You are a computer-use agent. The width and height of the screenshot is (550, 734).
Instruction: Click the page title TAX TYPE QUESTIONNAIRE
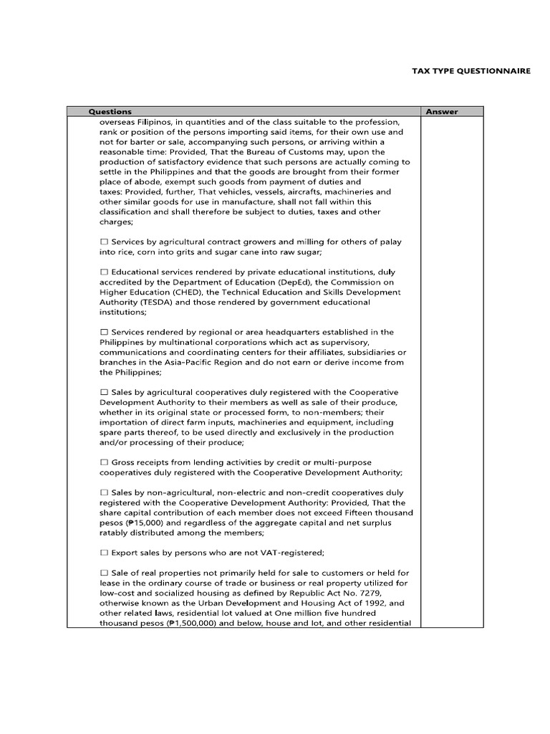(x=471, y=72)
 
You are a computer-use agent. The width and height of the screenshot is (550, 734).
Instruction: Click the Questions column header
(x=110, y=111)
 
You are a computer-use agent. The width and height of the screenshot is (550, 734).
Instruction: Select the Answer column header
(x=442, y=111)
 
